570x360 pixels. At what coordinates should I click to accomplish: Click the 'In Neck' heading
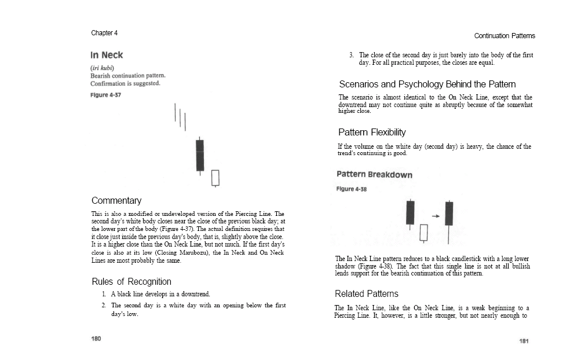107,56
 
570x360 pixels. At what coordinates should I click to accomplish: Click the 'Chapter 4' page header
104,33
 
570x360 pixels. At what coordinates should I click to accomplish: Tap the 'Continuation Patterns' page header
504,36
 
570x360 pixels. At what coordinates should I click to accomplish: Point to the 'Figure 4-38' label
351,189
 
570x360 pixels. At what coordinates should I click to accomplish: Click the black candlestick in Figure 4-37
200,155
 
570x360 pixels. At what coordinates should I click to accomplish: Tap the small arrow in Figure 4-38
436,216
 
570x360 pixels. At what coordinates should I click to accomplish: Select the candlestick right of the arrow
448,214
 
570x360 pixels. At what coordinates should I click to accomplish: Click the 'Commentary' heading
116,201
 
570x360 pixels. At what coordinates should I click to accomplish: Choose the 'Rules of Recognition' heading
131,282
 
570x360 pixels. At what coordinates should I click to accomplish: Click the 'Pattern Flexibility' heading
372,133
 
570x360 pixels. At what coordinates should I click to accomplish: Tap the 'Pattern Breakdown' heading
374,174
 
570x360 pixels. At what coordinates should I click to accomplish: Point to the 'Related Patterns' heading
367,294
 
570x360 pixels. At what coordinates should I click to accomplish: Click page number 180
96,339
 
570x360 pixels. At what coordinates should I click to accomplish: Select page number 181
524,341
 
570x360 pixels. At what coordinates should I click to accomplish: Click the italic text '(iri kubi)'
102,68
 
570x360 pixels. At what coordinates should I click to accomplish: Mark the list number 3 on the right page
351,55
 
